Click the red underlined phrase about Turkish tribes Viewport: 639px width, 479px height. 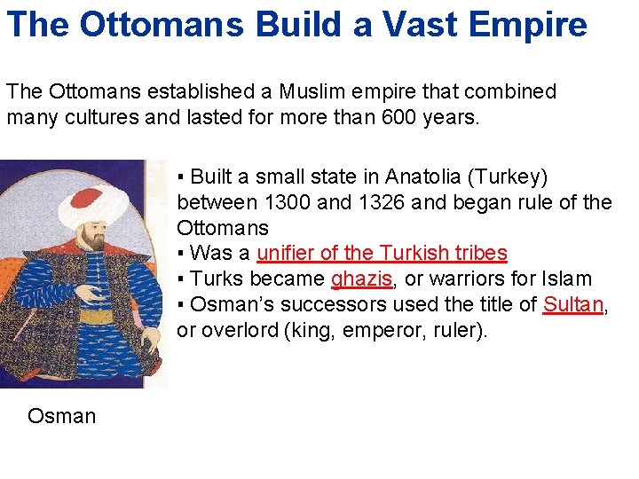pyautogui.click(x=382, y=253)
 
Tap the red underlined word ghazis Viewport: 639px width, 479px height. pyautogui.click(x=361, y=279)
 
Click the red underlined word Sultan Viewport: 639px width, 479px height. pyautogui.click(x=572, y=304)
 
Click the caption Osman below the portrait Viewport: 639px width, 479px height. pyautogui.click(x=61, y=416)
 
